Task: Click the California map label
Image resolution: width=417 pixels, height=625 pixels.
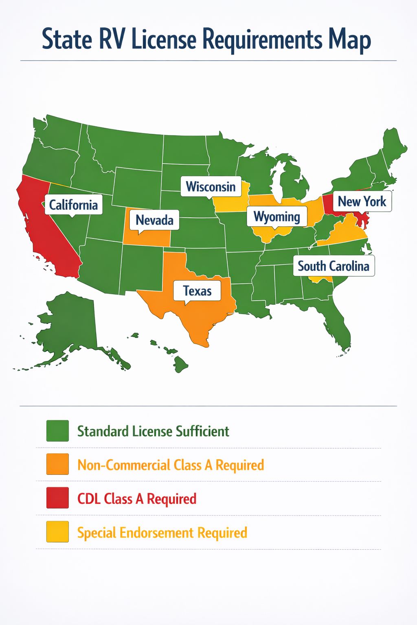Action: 73,204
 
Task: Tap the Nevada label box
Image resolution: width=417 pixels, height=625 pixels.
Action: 154,220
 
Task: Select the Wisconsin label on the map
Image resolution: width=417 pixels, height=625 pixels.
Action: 211,187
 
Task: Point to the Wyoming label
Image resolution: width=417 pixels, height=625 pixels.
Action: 277,216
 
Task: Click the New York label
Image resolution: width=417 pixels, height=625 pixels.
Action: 362,201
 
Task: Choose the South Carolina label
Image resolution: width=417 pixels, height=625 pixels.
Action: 334,266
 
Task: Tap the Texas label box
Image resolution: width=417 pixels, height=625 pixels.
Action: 197,291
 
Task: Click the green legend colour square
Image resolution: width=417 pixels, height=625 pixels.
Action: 57,431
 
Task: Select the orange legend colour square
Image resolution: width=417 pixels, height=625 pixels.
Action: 57,464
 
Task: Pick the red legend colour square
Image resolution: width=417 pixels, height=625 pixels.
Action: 57,498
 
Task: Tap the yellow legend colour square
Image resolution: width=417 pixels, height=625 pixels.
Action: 57,532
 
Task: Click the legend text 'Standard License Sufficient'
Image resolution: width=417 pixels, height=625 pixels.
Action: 153,431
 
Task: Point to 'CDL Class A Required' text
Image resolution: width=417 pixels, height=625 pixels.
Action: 137,499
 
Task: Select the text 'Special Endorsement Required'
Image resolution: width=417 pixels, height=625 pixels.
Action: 162,533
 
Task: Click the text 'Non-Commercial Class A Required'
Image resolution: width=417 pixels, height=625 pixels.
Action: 171,465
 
